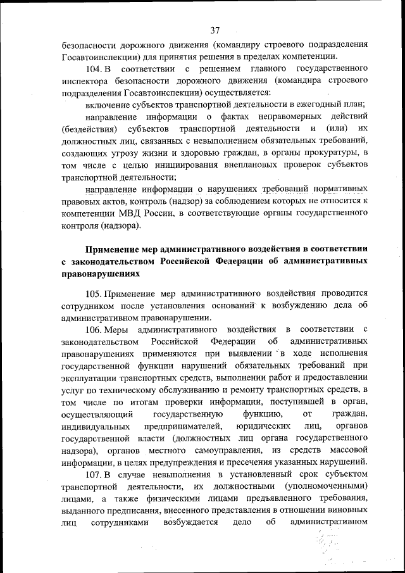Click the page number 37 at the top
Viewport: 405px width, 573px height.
pyautogui.click(x=215, y=30)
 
